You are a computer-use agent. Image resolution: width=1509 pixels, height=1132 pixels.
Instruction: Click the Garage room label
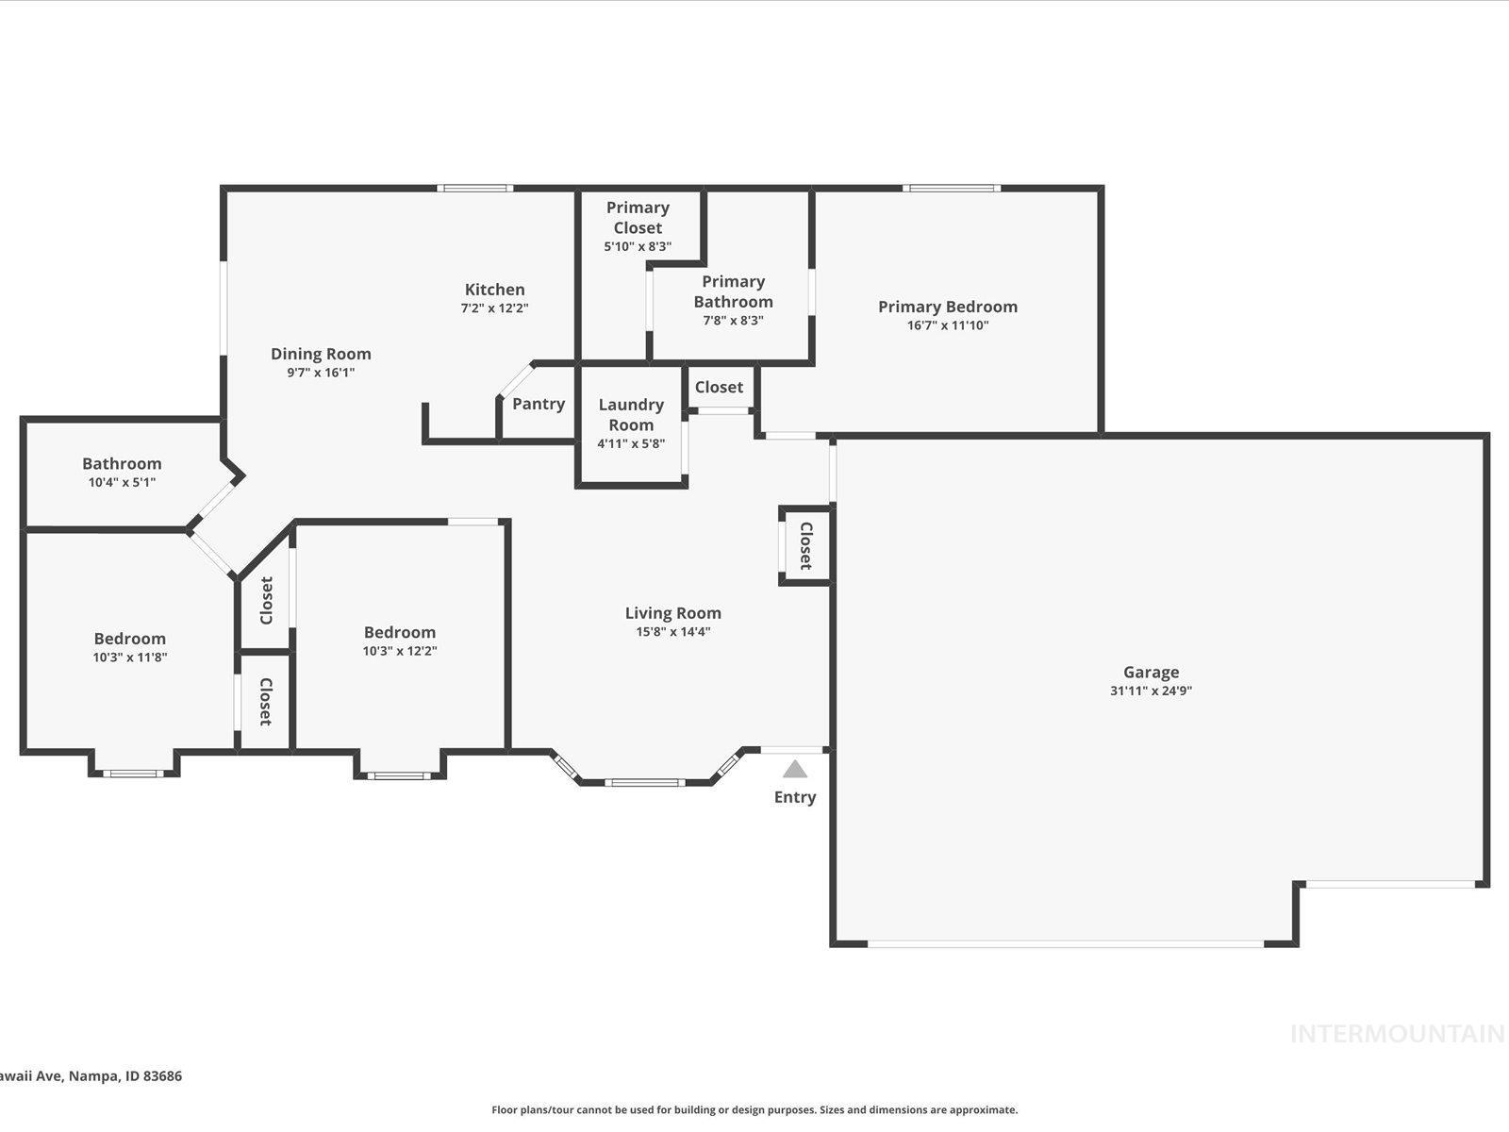(x=1151, y=673)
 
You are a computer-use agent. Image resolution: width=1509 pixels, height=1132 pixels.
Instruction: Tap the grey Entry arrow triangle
(x=795, y=770)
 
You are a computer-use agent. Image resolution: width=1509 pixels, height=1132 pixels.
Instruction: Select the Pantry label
(x=539, y=404)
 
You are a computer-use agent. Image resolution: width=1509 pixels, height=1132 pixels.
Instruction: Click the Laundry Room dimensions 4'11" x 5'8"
(x=631, y=443)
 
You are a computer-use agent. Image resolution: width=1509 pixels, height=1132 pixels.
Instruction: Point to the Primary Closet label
(x=638, y=218)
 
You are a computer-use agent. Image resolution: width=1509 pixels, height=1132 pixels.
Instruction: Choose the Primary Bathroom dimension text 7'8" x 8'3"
(x=733, y=321)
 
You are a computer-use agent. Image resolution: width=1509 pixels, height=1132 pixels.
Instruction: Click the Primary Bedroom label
(x=947, y=307)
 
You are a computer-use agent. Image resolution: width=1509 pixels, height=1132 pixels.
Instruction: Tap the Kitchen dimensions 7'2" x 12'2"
(x=494, y=308)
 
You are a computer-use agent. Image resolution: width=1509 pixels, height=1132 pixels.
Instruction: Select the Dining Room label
(x=321, y=354)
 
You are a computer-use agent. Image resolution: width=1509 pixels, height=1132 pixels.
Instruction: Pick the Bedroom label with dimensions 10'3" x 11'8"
(x=129, y=639)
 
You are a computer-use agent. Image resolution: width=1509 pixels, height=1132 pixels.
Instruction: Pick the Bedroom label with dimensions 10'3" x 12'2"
(x=400, y=632)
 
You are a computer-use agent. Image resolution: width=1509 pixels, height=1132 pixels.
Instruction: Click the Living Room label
(x=672, y=613)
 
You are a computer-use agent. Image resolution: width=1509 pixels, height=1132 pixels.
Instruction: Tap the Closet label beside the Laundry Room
(x=719, y=387)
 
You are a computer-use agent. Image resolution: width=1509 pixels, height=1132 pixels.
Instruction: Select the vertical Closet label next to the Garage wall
(x=805, y=545)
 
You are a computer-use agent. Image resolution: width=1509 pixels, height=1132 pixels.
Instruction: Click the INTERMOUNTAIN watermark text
(x=1396, y=1034)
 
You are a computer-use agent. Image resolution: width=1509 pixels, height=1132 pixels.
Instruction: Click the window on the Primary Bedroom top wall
(x=951, y=189)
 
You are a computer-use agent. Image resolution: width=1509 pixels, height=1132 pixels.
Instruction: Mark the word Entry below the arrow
(x=795, y=797)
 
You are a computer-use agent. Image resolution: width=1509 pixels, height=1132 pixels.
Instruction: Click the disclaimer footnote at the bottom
(x=754, y=1110)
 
